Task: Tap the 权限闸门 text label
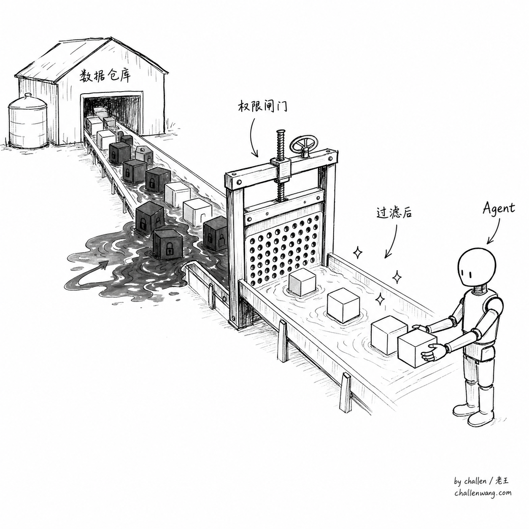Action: click(x=262, y=107)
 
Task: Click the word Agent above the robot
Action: click(x=499, y=209)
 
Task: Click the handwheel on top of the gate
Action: click(x=305, y=146)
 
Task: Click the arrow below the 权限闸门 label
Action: click(x=253, y=137)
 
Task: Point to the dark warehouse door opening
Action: click(x=113, y=113)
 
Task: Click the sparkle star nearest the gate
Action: click(x=357, y=253)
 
